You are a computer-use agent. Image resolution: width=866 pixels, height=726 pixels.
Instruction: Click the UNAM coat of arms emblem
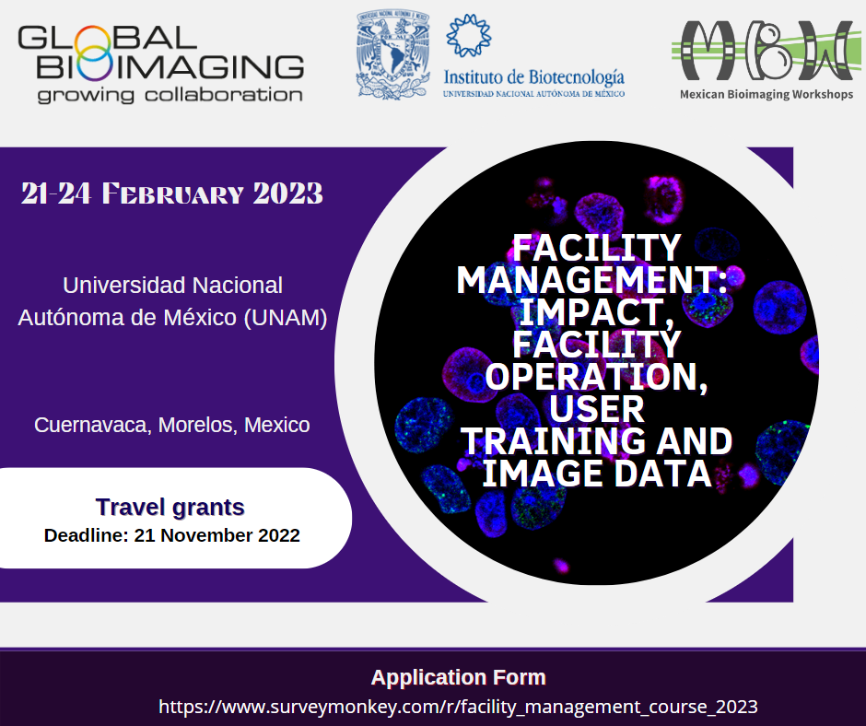(x=392, y=53)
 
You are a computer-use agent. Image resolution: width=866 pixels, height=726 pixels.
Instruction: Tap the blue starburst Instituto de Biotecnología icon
(x=468, y=35)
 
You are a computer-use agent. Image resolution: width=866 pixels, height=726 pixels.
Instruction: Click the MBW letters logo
(x=766, y=51)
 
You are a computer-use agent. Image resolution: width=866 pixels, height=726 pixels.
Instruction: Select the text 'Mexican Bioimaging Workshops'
(x=766, y=95)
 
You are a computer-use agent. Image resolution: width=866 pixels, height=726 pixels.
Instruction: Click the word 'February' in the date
(x=172, y=193)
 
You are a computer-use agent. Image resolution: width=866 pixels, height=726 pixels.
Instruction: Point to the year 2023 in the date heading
(x=287, y=193)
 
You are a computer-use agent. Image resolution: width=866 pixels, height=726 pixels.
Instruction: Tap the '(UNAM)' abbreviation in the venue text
(x=286, y=318)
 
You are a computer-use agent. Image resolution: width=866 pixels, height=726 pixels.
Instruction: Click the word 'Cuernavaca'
(x=93, y=426)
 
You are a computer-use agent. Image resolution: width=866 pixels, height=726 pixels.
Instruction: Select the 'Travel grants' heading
(x=170, y=508)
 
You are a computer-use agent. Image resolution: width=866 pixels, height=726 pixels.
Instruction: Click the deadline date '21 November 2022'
(x=217, y=535)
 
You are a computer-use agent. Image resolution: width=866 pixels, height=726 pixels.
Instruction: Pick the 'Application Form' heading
(x=459, y=677)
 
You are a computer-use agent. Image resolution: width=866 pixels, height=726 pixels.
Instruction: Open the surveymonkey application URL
(x=458, y=707)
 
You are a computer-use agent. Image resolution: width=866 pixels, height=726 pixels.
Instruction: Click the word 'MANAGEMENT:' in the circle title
(x=591, y=280)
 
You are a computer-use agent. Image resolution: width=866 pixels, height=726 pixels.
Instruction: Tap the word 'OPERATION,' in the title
(x=596, y=377)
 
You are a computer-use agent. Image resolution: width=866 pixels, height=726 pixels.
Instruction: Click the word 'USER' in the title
(x=596, y=409)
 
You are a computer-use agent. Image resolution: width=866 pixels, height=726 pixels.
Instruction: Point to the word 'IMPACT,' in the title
(x=596, y=312)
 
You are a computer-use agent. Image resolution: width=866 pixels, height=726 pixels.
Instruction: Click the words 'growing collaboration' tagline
(x=170, y=95)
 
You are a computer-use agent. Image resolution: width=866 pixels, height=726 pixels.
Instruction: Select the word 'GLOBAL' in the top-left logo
(x=108, y=39)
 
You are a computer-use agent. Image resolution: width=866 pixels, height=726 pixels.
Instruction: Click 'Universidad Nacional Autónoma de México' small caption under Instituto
(x=533, y=94)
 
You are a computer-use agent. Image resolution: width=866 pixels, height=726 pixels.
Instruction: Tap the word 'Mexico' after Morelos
(x=276, y=426)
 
